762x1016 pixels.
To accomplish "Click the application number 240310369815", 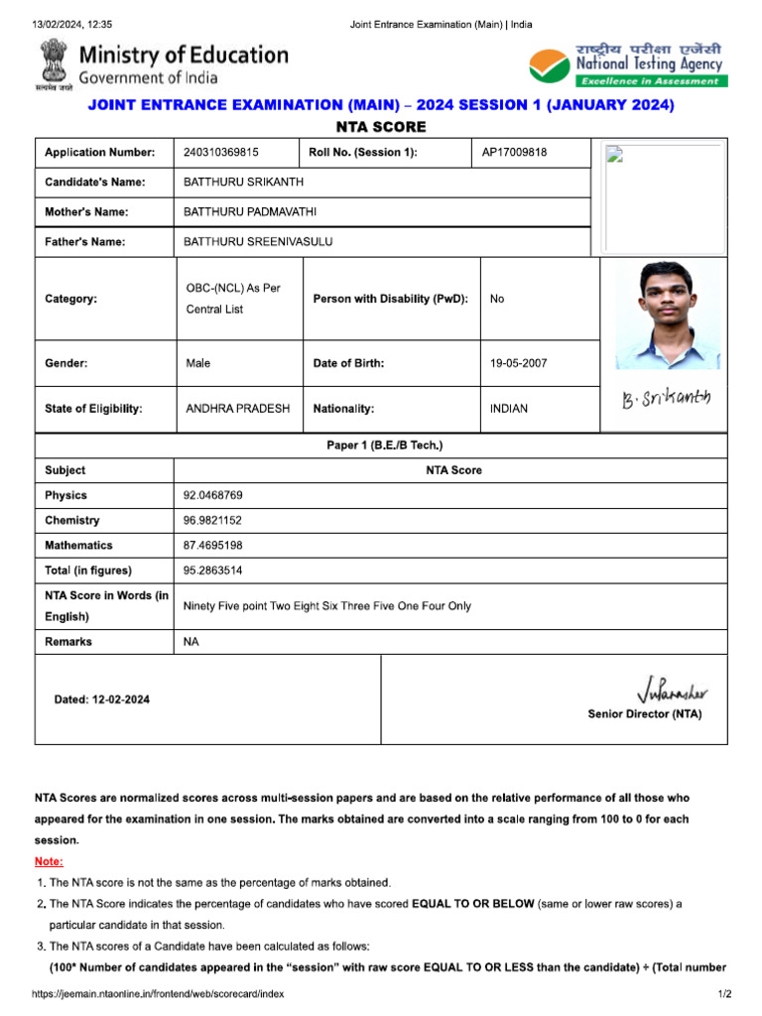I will click(x=221, y=153).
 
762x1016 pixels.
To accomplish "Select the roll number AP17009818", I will click(x=514, y=153).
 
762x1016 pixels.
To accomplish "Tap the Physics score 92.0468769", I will click(x=213, y=495).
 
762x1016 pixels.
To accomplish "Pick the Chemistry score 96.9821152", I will click(x=213, y=520).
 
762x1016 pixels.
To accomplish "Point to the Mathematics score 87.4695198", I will click(x=213, y=546).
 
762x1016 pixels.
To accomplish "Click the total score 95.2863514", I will click(x=213, y=571).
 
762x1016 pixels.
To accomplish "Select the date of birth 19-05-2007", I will click(x=518, y=363).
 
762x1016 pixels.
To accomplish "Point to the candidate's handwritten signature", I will click(x=666, y=400).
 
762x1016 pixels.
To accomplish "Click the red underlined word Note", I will click(x=49, y=861).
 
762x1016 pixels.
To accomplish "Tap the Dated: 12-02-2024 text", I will click(x=102, y=699).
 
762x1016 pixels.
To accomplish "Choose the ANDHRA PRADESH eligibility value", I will click(x=237, y=409).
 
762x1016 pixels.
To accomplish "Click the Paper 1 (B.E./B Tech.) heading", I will click(x=385, y=445).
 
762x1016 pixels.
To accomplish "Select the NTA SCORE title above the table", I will click(x=381, y=127).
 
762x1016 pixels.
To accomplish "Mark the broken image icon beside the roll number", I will click(x=614, y=154).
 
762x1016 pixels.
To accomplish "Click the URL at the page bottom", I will click(x=158, y=994).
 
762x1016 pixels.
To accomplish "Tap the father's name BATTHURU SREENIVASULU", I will click(x=258, y=242).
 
